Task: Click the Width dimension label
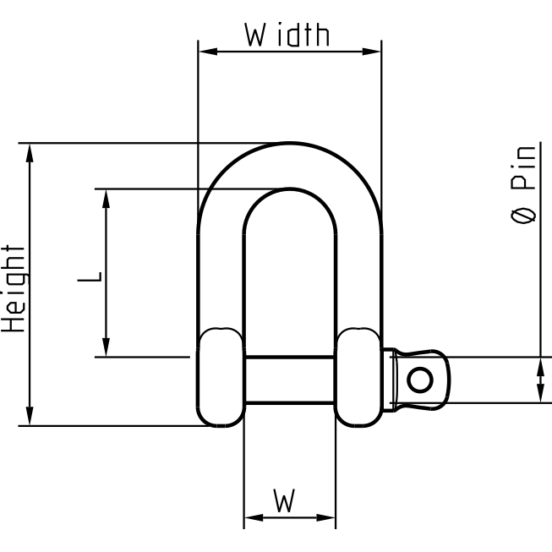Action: pos(287,36)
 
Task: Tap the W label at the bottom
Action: pos(285,502)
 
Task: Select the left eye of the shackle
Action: pos(221,377)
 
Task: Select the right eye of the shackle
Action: pos(358,377)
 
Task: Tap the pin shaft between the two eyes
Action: pos(289,380)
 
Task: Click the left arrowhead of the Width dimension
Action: pos(204,51)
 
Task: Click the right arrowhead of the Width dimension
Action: pos(374,51)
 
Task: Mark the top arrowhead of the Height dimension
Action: pos(30,150)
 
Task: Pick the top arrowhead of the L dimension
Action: pos(107,196)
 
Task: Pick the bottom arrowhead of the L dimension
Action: pos(107,349)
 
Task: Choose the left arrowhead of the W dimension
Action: pos(250,517)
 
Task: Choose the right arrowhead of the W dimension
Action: pos(329,517)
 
